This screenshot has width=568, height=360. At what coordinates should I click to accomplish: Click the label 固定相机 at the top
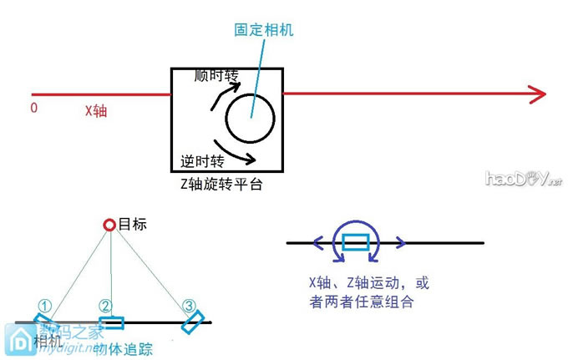click(x=263, y=29)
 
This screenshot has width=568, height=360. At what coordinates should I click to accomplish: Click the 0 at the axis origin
click(x=34, y=108)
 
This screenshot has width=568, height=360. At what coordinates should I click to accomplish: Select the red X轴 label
click(x=95, y=109)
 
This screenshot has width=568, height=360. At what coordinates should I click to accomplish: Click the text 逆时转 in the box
click(x=204, y=160)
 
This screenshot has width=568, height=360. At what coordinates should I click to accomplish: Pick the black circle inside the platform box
click(x=249, y=119)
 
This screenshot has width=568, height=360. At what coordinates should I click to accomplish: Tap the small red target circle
click(x=109, y=225)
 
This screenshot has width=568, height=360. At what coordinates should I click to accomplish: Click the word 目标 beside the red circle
click(x=133, y=225)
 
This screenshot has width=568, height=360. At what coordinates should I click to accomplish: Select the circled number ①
click(x=45, y=307)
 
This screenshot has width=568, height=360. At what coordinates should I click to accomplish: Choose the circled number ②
click(x=105, y=307)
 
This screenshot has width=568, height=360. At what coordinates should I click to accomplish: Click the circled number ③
click(x=190, y=307)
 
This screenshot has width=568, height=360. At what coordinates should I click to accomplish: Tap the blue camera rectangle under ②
click(x=111, y=322)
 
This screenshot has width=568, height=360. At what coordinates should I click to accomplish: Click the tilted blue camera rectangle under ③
click(x=194, y=322)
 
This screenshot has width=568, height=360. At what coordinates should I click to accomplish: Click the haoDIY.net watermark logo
click(x=521, y=178)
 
